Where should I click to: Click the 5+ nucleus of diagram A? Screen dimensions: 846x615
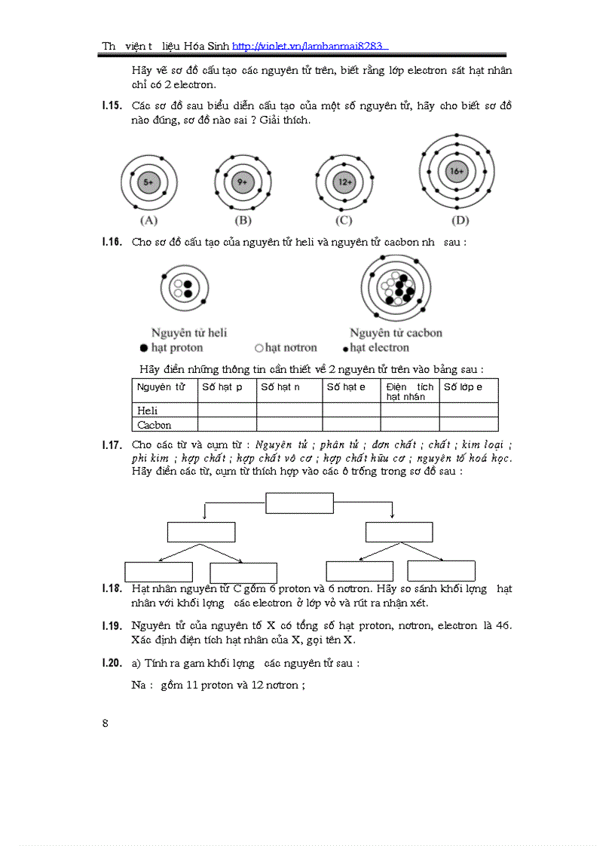148,182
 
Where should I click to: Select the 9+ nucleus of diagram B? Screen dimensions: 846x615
242,182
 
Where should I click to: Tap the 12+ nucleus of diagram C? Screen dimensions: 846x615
345,182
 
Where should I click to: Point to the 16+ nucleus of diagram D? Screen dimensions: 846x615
457,172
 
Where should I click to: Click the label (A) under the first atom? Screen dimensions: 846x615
148,221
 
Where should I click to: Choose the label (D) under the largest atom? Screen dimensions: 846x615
460,221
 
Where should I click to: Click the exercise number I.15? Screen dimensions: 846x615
112,105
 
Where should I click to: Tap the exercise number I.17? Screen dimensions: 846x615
112,445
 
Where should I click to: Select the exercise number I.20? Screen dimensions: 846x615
112,664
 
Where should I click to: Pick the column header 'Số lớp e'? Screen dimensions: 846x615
463,387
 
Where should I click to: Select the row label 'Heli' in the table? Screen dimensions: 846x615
148,411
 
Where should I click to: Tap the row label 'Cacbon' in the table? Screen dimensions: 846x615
154,425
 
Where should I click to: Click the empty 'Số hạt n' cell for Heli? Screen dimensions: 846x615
289,411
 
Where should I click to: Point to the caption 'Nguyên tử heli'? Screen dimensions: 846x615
189,332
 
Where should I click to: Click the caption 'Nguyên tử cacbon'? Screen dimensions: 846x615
396,332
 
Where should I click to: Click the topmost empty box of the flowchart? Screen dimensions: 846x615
299,502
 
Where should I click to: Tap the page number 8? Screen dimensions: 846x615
106,723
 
